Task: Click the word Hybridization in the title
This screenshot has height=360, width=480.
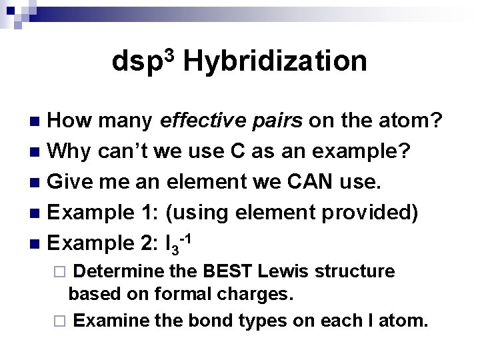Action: point(274,62)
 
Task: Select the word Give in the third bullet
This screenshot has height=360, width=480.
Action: point(71,181)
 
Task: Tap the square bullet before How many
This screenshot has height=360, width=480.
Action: point(37,121)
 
